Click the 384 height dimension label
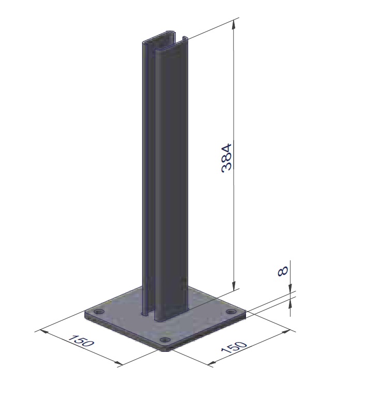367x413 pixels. tap(226, 158)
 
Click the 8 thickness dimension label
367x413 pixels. tap(283, 271)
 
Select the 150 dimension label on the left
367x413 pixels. tap(81, 341)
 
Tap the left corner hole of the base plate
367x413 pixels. tap(99, 312)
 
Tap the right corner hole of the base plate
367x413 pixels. tap(231, 312)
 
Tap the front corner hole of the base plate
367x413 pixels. tap(165, 340)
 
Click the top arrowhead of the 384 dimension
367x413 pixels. tap(233, 24)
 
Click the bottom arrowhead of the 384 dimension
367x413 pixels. tap(233, 286)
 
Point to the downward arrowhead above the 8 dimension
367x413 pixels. tap(290, 288)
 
